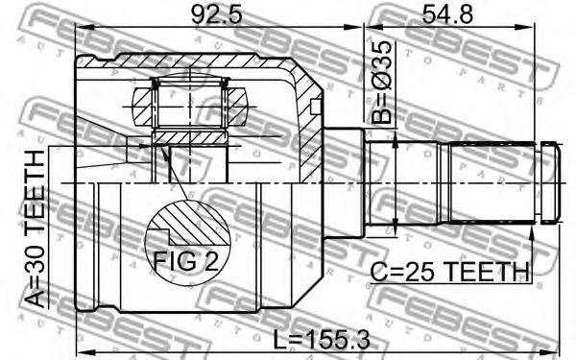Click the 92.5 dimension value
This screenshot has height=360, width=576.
[x=217, y=14]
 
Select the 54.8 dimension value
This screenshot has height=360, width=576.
[x=447, y=14]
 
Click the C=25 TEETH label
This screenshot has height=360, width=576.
[x=449, y=272]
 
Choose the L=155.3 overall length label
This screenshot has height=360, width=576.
[x=322, y=339]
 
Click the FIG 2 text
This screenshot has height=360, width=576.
[x=186, y=261]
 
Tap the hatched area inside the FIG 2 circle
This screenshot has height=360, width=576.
[x=195, y=224]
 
